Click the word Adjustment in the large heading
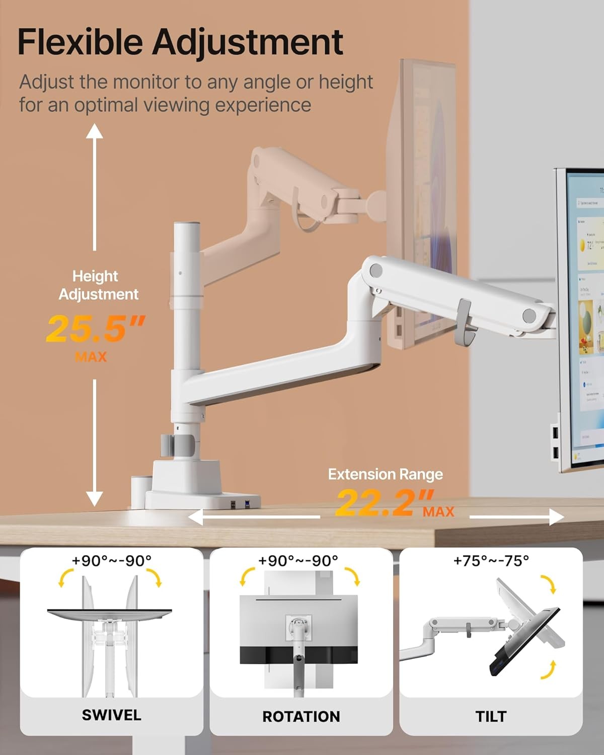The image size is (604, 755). click(248, 42)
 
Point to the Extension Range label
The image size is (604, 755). click(386, 474)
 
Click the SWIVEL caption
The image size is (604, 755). click(111, 715)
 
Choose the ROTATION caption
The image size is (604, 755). click(301, 716)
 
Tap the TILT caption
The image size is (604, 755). click(491, 716)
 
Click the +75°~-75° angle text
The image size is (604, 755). click(491, 560)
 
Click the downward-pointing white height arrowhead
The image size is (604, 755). click(94, 498)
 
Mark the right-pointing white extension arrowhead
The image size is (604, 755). click(556, 517)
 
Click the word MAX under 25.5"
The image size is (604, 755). click(91, 357)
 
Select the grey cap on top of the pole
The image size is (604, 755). click(187, 224)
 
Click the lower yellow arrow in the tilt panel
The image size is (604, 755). click(550, 670)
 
